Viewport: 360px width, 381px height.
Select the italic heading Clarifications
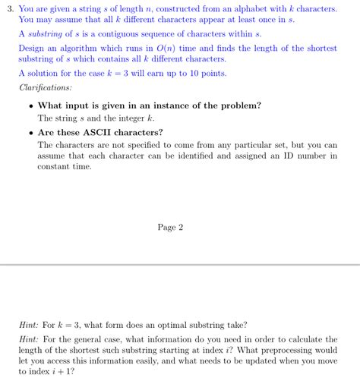(46, 88)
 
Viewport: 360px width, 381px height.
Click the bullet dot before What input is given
(30, 105)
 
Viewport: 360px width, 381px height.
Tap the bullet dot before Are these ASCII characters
(30, 132)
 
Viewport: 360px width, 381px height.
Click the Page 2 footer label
(170, 227)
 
